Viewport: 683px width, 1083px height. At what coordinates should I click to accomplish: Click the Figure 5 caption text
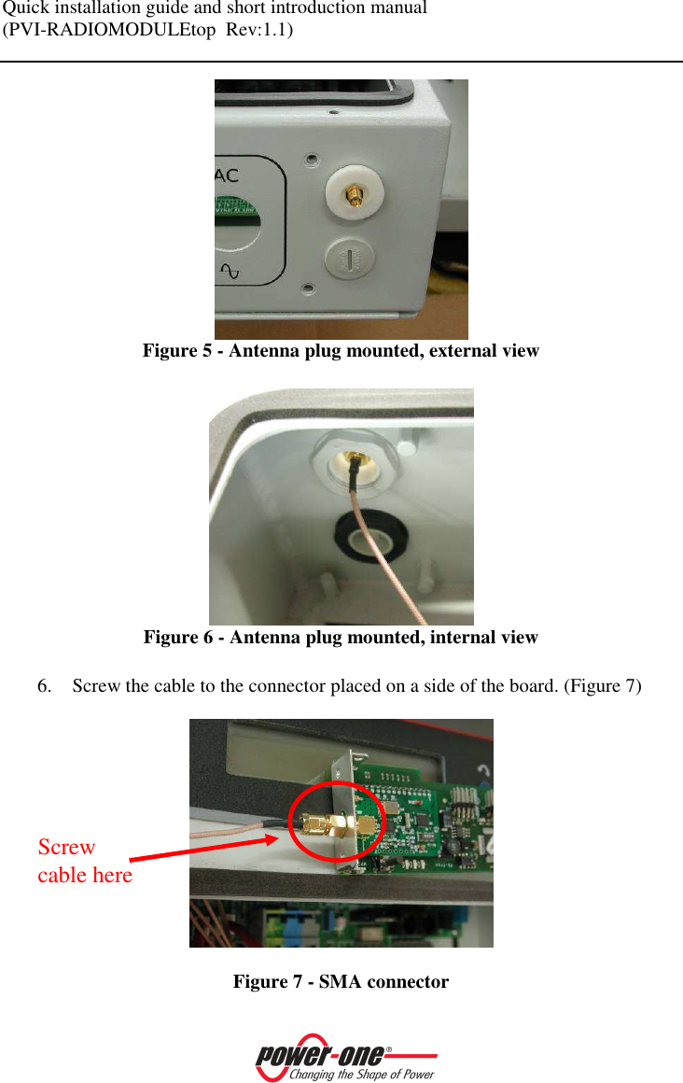point(341,352)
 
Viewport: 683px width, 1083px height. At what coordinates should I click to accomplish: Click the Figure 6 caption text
point(341,638)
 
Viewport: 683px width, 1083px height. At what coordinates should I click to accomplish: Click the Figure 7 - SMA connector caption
point(341,982)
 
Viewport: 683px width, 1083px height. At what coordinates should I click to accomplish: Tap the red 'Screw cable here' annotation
point(84,861)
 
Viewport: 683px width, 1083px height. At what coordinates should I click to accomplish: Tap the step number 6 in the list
point(43,687)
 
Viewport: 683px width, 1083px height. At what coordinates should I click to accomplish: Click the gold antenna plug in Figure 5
point(355,197)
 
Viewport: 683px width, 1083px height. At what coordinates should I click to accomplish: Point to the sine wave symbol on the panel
point(230,272)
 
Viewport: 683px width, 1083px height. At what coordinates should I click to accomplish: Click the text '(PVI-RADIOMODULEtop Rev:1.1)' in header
point(147,30)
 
